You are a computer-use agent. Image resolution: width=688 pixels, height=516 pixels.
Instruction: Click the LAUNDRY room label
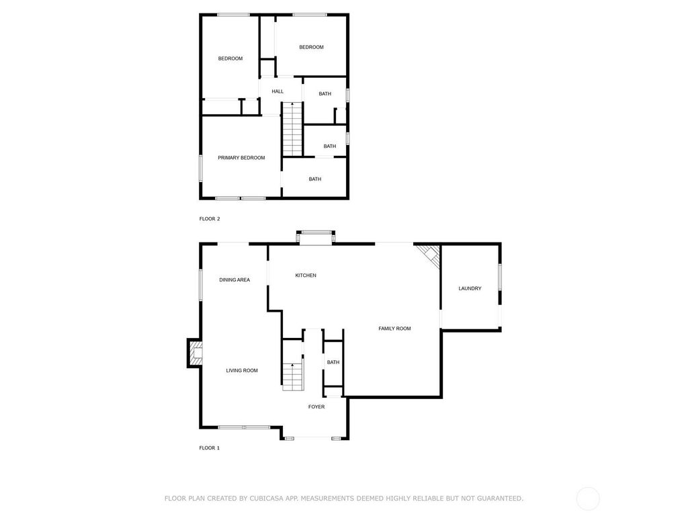coord(470,288)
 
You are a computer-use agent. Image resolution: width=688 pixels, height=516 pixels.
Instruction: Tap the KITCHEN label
coord(306,275)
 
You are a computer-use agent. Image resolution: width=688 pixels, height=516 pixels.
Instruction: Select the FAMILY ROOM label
coord(394,328)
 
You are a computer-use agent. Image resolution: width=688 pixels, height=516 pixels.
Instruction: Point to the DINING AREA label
coord(234,279)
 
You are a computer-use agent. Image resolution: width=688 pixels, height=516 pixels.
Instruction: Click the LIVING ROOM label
coord(242,370)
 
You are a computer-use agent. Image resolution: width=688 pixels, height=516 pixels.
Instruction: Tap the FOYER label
coord(316,406)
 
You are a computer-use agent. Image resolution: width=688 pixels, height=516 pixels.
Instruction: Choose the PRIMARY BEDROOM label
coord(241,157)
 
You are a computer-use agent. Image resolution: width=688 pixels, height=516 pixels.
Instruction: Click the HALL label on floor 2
coord(277,91)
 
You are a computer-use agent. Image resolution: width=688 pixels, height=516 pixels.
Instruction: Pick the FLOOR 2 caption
coord(210,218)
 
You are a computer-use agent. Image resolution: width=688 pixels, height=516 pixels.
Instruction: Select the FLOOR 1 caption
coord(210,447)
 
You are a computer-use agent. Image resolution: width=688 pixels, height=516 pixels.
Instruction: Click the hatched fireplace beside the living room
coord(196,353)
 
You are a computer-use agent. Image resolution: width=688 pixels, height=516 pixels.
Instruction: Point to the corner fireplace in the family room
coord(430,255)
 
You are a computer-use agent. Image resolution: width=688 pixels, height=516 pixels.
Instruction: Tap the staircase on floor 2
coord(292,129)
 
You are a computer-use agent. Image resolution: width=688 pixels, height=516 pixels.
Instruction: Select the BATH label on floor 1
coord(333,362)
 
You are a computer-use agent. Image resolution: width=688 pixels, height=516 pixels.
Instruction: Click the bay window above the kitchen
coord(316,237)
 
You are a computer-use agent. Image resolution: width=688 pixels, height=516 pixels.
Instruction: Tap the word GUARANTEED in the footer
coord(500,498)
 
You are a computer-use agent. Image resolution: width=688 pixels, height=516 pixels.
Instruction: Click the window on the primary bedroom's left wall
coord(200,168)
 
